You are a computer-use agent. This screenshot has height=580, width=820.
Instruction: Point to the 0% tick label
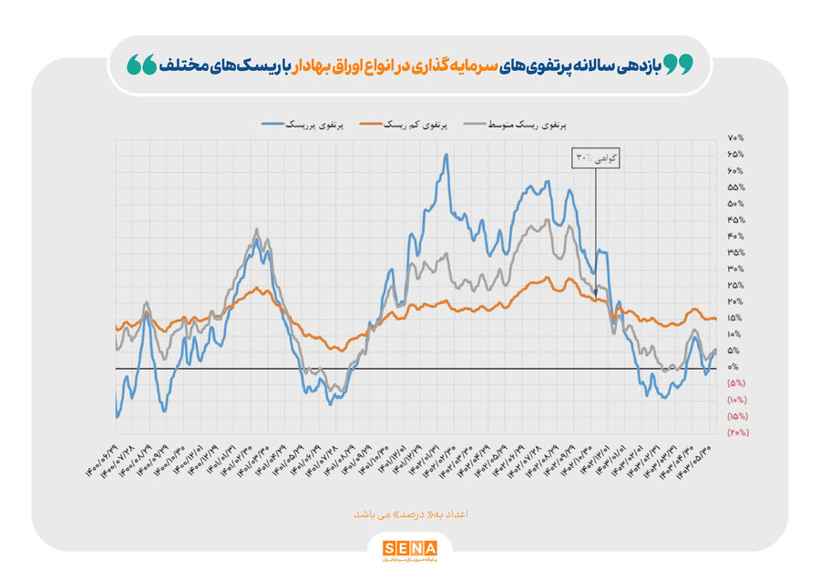[x=733, y=367]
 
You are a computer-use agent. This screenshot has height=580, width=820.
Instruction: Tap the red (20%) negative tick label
[x=737, y=432]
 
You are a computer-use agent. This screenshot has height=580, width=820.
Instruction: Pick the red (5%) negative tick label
[x=736, y=383]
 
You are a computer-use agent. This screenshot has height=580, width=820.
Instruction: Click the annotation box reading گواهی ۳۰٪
[x=596, y=158]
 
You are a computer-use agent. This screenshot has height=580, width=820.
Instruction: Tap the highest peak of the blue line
[x=446, y=155]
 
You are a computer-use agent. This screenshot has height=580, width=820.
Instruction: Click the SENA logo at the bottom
[x=409, y=548]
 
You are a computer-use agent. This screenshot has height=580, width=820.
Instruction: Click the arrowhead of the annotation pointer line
[x=596, y=292]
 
